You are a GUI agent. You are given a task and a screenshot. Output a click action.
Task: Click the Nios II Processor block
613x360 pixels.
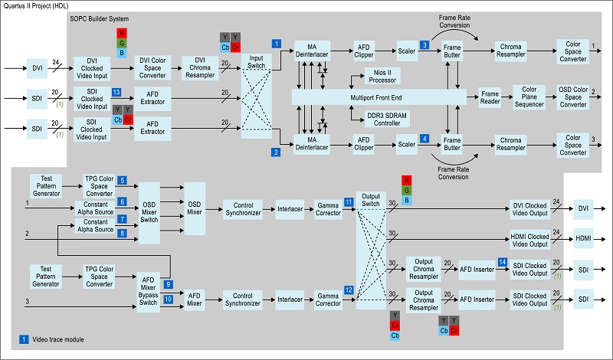[382, 77]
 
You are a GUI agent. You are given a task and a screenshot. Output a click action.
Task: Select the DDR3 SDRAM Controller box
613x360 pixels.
[387, 119]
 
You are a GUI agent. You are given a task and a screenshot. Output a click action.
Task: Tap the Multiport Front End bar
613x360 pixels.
[379, 97]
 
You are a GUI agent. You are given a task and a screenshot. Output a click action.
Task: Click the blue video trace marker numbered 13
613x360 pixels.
[116, 92]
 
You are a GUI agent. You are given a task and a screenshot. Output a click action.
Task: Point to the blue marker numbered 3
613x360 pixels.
[425, 45]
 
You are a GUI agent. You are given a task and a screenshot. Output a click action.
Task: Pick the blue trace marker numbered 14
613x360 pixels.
[503, 262]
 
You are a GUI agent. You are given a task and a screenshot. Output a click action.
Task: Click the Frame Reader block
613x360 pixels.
[490, 98]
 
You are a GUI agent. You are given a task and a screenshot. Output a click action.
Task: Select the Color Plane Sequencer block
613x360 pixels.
[529, 97]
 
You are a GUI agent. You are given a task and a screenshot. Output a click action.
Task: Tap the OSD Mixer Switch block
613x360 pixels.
[149, 212]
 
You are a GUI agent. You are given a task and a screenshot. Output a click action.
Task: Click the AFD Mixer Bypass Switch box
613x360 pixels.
[148, 292]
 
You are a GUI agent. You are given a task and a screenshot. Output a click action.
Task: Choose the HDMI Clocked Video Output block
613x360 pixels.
[529, 240]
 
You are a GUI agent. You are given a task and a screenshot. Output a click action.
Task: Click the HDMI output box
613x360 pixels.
[583, 238]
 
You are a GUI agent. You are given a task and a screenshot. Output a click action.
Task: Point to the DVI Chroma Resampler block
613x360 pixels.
[200, 68]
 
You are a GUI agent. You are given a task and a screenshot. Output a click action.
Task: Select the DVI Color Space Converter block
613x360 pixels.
[152, 68]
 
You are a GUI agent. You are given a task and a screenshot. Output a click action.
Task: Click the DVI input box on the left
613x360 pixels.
[37, 68]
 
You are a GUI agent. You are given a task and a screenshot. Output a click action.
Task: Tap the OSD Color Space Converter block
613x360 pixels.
[572, 97]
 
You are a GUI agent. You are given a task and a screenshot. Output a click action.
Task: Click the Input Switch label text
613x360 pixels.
[256, 62]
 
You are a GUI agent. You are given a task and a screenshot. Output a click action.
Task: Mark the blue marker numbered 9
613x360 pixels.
[168, 285]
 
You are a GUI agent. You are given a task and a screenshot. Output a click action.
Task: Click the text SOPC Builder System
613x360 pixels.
[100, 18]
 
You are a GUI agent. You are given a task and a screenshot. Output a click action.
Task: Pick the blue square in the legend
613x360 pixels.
[24, 339]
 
